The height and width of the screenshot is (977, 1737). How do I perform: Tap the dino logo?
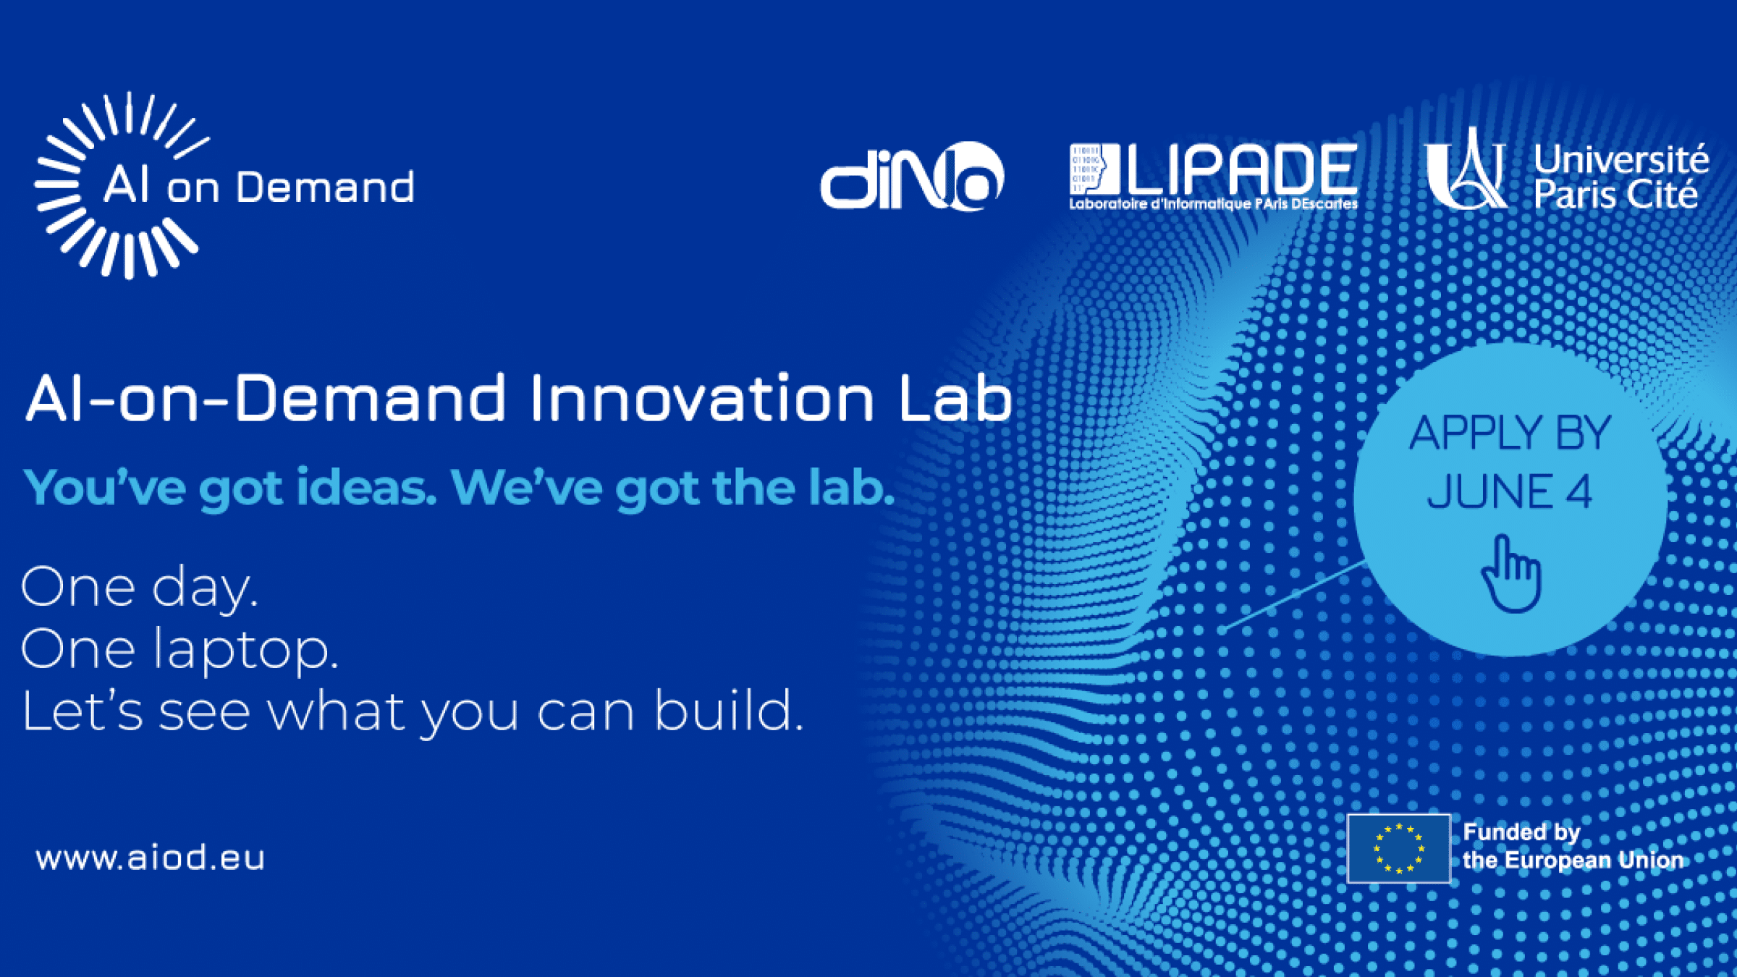912,176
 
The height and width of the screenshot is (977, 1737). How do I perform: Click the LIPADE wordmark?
1242,168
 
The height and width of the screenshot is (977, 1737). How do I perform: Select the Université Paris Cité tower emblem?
1466,168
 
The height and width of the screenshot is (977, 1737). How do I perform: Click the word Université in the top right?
1621,159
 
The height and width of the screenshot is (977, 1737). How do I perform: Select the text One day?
139,588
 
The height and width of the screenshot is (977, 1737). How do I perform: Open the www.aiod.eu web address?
151,858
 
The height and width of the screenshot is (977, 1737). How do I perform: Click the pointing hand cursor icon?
1511,573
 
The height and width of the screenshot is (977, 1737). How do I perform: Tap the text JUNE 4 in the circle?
1509,491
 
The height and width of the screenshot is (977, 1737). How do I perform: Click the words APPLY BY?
1510,432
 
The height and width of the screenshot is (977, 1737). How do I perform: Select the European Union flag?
1398,848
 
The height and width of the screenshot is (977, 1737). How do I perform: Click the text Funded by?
1521,832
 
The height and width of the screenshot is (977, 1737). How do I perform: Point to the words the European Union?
1573,860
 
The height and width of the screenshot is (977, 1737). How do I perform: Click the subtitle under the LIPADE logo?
1214,204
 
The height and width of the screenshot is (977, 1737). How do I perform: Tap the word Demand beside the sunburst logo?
325,187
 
